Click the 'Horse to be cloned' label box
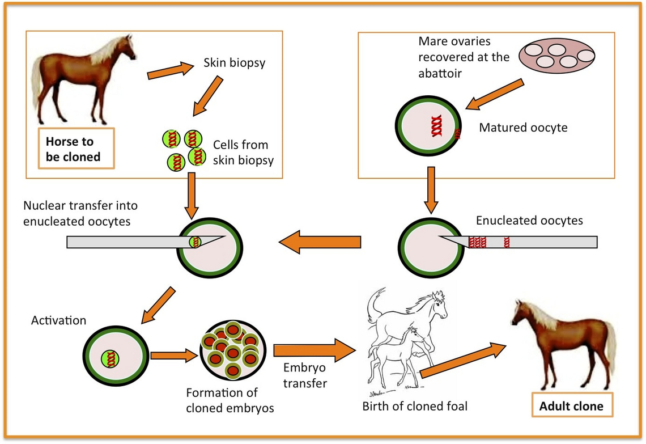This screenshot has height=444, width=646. (76, 148)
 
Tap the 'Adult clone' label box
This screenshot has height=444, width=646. (571, 406)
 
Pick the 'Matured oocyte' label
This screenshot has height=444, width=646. (523, 128)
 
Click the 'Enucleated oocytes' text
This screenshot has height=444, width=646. (529, 220)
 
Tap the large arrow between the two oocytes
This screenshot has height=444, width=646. (321, 242)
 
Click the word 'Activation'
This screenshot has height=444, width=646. (59, 320)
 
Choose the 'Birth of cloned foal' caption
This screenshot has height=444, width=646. (415, 406)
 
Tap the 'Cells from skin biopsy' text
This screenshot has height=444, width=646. (243, 153)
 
